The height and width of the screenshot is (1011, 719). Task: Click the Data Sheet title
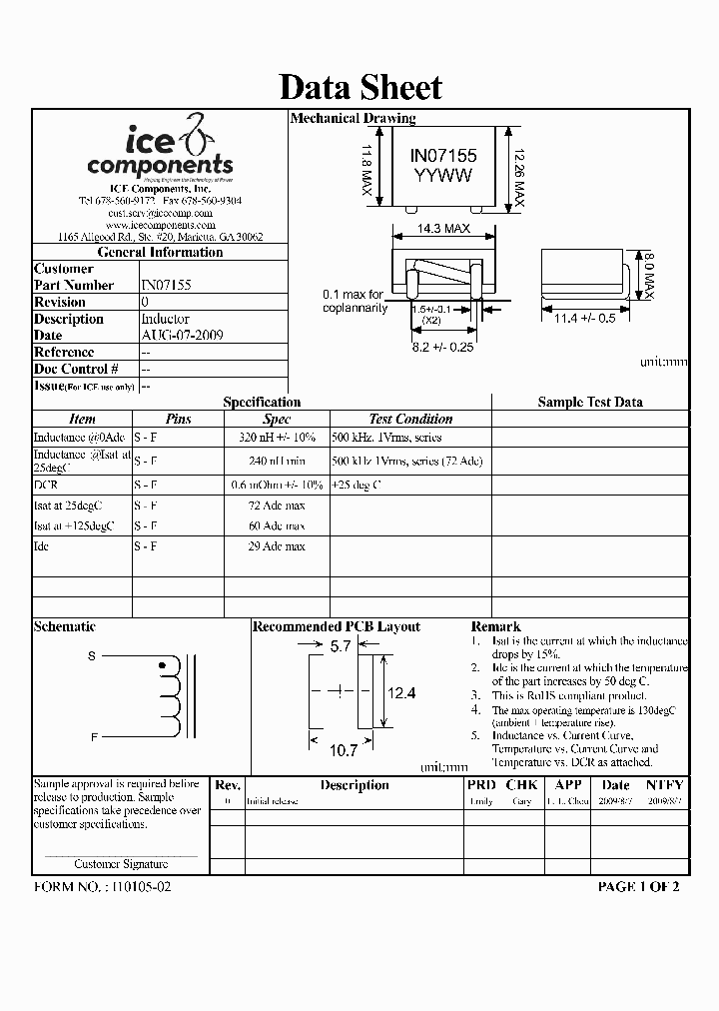(x=359, y=87)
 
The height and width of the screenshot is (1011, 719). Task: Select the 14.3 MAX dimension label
(x=443, y=229)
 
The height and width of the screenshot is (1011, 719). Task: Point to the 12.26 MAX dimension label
(x=517, y=168)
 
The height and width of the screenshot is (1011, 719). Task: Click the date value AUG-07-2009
(x=182, y=336)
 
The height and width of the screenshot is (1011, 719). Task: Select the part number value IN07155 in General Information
(x=166, y=285)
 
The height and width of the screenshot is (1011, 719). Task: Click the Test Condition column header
(x=410, y=420)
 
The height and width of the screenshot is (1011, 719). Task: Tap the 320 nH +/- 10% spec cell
(x=277, y=438)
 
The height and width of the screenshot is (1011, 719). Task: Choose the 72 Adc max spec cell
(x=277, y=505)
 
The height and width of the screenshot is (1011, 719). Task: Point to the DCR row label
(x=46, y=485)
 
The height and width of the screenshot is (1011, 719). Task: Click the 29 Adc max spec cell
(x=277, y=546)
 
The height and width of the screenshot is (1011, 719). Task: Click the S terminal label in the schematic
(x=93, y=656)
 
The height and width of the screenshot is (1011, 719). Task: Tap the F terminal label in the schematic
(x=93, y=737)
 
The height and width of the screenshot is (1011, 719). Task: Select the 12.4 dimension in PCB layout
(x=401, y=692)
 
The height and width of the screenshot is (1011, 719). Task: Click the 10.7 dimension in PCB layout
(x=344, y=748)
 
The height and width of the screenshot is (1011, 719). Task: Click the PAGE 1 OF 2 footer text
(x=638, y=886)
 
